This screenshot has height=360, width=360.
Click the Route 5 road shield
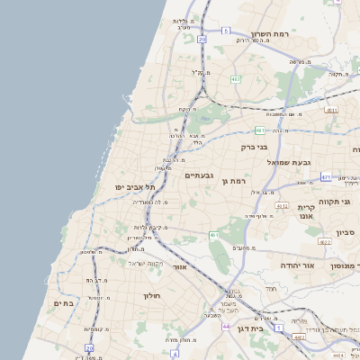pyautogui.click(x=225, y=31)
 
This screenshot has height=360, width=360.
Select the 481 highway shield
pyautogui.click(x=259, y=130)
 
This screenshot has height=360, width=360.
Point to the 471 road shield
pyautogui.click(x=326, y=177)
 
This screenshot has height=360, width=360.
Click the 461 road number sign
pyautogui.click(x=214, y=236)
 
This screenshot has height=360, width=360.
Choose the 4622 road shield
pyautogui.click(x=324, y=242)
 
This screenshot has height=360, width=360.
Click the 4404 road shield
pyautogui.click(x=336, y=355)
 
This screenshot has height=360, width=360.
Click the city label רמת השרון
pyautogui.click(x=270, y=34)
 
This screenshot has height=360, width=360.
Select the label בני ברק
pyautogui.click(x=256, y=146)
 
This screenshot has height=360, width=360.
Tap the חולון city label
pyautogui.click(x=150, y=295)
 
